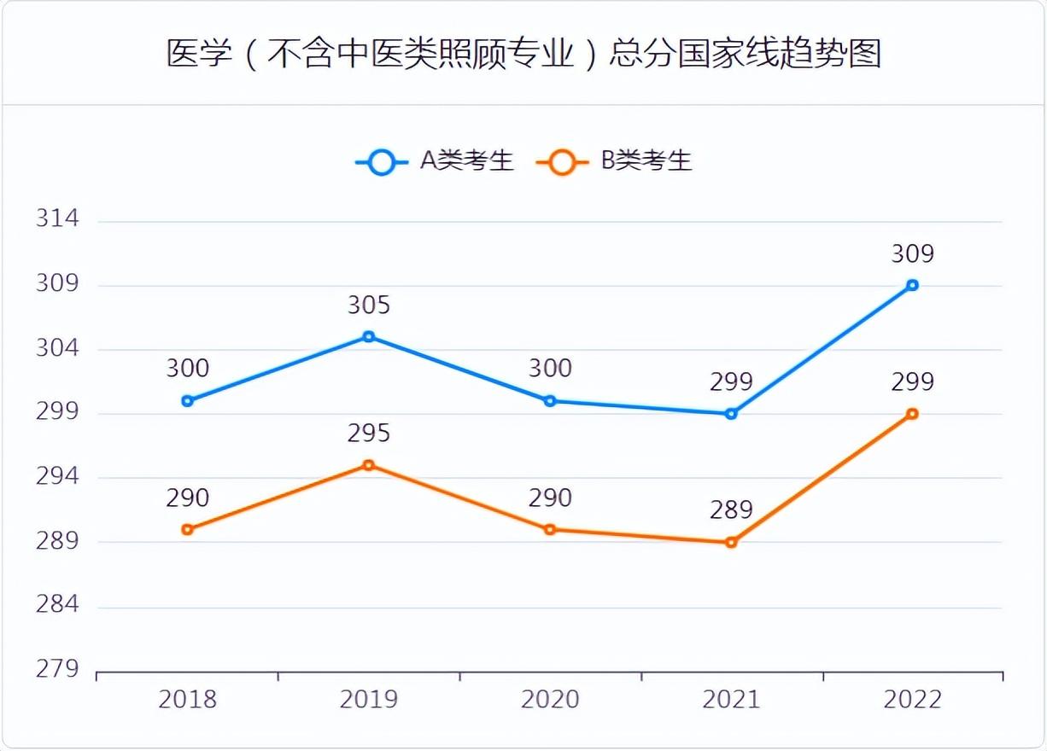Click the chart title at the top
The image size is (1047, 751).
(x=523, y=54)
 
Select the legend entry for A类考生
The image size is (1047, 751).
(x=436, y=161)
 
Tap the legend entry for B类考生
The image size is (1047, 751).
(x=614, y=161)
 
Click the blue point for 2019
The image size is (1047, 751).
(x=369, y=337)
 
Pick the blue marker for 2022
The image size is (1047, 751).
(x=912, y=285)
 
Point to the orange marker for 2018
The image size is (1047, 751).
(x=188, y=529)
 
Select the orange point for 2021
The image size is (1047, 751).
(x=731, y=542)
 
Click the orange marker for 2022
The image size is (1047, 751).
(x=912, y=414)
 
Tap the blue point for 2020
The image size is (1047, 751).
(x=550, y=401)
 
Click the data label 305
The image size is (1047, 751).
(x=369, y=306)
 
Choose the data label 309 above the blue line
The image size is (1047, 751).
(x=912, y=254)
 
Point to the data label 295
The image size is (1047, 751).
(x=369, y=434)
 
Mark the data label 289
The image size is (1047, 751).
(x=731, y=510)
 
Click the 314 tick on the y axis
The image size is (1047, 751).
(x=57, y=219)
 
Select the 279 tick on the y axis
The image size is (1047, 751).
(x=57, y=669)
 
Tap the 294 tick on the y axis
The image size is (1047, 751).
(x=57, y=476)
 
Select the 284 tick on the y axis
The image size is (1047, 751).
(x=57, y=605)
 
